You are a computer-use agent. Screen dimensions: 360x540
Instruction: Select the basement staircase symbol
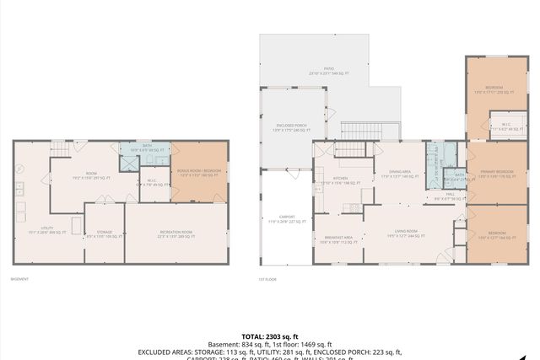(x=60, y=149)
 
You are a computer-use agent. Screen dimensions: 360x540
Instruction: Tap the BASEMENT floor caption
(x=19, y=279)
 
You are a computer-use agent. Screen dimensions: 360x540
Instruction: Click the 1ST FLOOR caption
(x=267, y=279)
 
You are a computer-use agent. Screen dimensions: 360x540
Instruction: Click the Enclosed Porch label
(x=292, y=130)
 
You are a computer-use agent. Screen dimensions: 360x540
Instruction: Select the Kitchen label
(x=340, y=180)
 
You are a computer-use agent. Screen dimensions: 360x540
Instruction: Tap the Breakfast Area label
(x=337, y=239)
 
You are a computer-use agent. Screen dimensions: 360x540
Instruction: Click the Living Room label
(x=407, y=233)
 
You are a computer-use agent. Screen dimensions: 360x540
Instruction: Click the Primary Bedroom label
(x=496, y=175)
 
